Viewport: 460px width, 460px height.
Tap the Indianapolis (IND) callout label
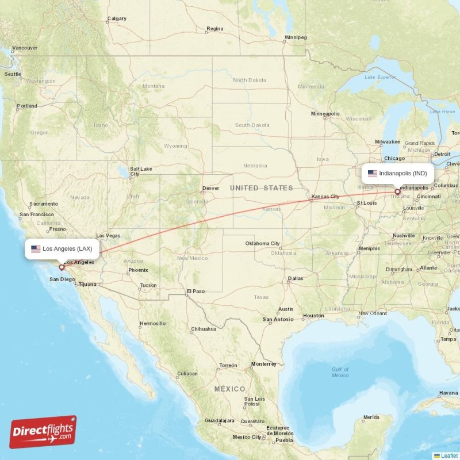[x=398, y=173]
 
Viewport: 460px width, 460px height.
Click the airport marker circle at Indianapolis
[x=397, y=191]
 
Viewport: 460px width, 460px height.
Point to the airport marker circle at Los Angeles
[x=62, y=267]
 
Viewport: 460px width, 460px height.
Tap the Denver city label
[x=210, y=188]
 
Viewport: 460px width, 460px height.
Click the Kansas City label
[x=325, y=197]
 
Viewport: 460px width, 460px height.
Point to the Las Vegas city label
[x=108, y=236]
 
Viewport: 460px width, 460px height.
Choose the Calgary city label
[x=117, y=18]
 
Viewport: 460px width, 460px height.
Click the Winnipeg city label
[x=296, y=38]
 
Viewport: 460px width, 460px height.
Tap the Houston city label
[x=313, y=316]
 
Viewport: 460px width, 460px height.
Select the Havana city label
[x=448, y=393]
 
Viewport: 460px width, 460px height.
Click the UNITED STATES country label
[x=261, y=188]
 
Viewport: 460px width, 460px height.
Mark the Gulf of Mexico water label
[x=340, y=372]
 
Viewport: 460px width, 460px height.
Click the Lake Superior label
[x=377, y=76]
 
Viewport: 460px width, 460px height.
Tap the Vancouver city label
[x=25, y=48]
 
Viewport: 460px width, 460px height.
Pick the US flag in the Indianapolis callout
[x=373, y=173]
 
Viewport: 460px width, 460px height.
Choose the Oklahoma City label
[x=262, y=243]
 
